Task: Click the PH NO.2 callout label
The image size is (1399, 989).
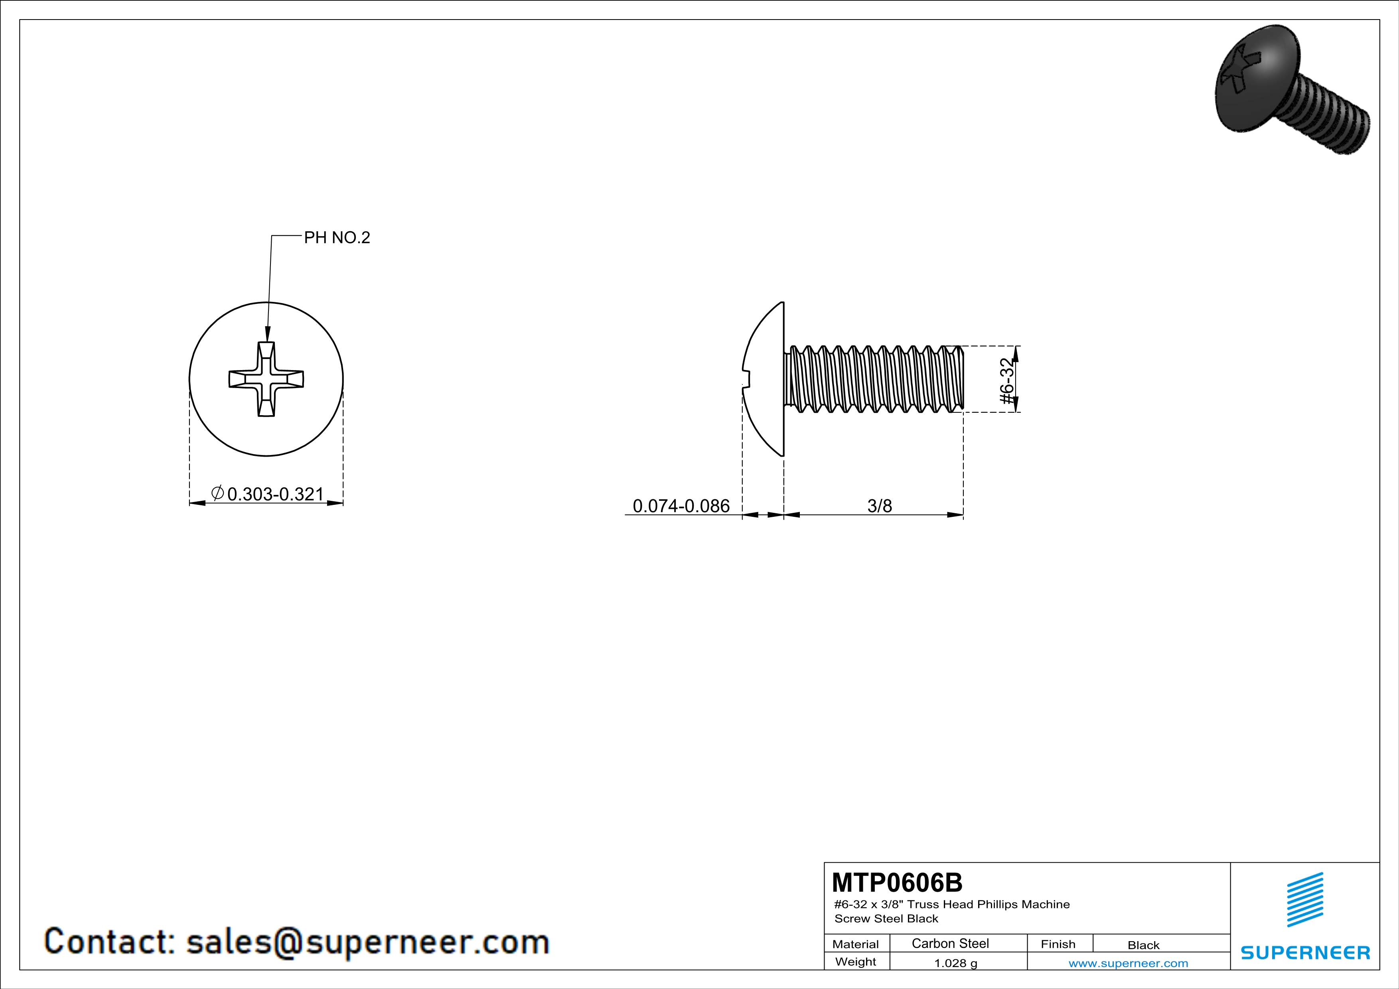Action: click(337, 238)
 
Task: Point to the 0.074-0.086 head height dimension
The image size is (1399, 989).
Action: click(681, 506)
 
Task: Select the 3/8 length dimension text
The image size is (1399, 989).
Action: click(879, 506)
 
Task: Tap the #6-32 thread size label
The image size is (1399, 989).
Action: click(1008, 381)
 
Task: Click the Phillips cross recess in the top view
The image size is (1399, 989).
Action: click(266, 379)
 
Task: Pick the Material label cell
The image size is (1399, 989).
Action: click(856, 944)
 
